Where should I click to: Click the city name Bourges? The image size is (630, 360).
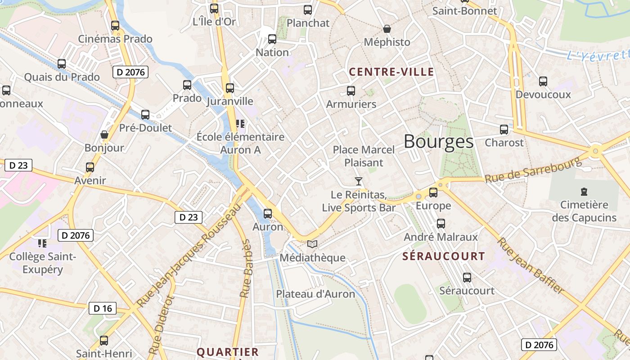pyautogui.click(x=439, y=142)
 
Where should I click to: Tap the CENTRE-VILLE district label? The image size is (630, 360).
pyautogui.click(x=391, y=72)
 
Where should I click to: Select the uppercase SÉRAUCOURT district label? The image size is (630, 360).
pyautogui.click(x=444, y=256)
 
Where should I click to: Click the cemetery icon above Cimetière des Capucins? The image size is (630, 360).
pyautogui.click(x=584, y=192)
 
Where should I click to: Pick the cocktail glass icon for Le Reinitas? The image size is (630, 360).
pyautogui.click(x=359, y=181)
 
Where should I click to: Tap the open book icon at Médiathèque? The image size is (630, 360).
pyautogui.click(x=312, y=244)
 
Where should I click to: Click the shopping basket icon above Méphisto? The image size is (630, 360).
pyautogui.click(x=387, y=29)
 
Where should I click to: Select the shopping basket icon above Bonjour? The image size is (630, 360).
pyautogui.click(x=104, y=135)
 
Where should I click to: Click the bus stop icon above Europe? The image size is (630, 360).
pyautogui.click(x=433, y=193)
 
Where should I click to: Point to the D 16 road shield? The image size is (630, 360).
pyautogui.click(x=103, y=308)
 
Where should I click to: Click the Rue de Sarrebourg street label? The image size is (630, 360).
pyautogui.click(x=533, y=170)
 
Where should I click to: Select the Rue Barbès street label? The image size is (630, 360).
pyautogui.click(x=246, y=269)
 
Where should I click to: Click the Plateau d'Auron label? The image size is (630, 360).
pyautogui.click(x=315, y=294)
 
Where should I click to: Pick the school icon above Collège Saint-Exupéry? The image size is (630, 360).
pyautogui.click(x=42, y=243)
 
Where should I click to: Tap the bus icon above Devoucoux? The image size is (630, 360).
pyautogui.click(x=543, y=81)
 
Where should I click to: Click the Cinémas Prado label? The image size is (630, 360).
pyautogui.click(x=115, y=39)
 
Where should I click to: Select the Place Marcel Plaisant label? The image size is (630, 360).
pyautogui.click(x=364, y=156)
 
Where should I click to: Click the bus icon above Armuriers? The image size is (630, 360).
pyautogui.click(x=351, y=91)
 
